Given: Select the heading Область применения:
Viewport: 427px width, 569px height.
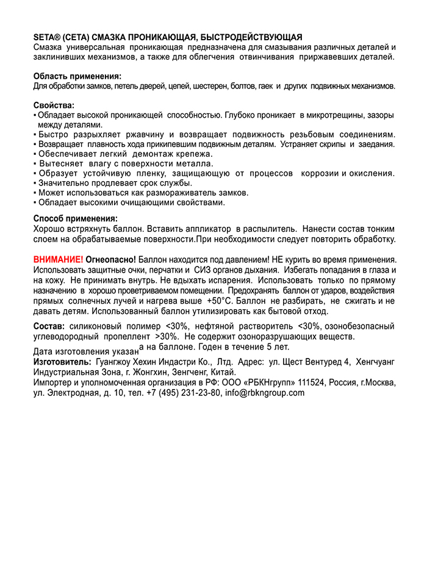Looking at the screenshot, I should coord(77,76).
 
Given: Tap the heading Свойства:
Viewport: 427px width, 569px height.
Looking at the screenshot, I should coord(54,105).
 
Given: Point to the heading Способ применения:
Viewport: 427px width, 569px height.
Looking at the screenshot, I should coord(76,218).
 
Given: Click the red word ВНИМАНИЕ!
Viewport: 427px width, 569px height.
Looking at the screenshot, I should coord(59,260).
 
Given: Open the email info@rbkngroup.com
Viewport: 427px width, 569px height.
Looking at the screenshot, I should coord(265,393).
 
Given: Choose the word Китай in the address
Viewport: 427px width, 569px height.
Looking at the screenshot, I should coord(223,372).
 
